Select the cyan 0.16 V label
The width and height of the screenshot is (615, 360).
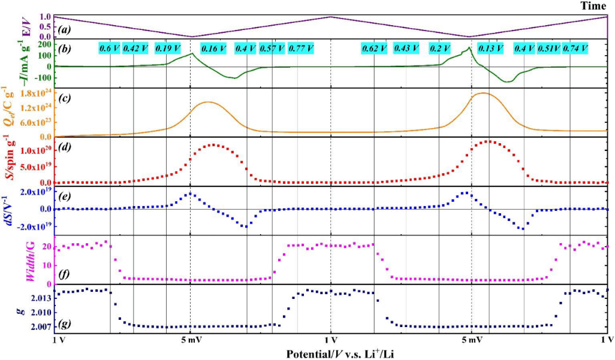213,49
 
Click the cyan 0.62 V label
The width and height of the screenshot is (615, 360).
374,49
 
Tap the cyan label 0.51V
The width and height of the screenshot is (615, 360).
548,49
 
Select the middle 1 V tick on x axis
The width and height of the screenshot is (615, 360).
330,340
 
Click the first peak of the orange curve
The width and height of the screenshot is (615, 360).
208,102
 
